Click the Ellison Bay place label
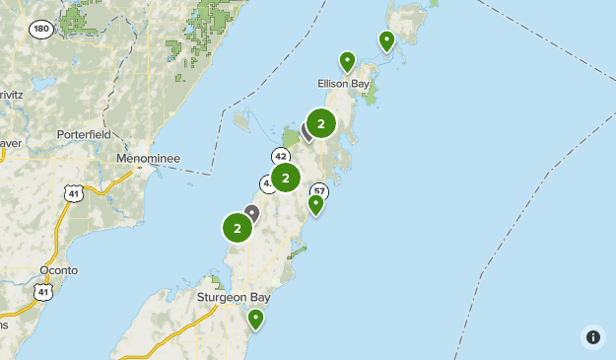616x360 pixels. (343, 84)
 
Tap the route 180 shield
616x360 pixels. (40, 30)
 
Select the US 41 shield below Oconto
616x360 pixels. (40, 292)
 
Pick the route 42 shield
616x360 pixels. (281, 157)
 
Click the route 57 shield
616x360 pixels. (318, 191)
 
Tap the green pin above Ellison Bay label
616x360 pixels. (347, 61)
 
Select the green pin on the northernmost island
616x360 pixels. (386, 40)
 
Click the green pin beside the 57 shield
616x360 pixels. (315, 204)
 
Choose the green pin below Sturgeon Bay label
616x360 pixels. (256, 319)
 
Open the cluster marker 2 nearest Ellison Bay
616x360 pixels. (321, 123)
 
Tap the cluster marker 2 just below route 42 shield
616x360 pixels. (286, 178)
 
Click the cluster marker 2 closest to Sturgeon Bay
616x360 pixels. (238, 228)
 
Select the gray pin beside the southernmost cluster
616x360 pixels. (252, 212)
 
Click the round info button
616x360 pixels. (592, 336)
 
